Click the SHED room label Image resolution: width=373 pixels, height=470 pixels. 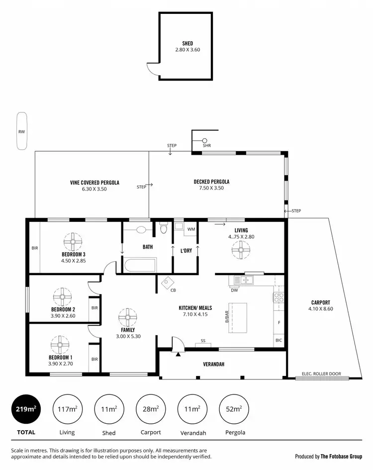(x=187, y=43)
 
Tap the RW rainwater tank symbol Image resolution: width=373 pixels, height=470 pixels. (x=21, y=132)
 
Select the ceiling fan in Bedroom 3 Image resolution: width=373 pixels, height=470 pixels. (x=73, y=242)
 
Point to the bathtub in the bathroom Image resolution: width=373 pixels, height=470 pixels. (x=140, y=264)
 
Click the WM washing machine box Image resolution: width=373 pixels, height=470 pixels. (x=191, y=229)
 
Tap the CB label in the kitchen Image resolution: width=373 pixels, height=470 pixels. (x=173, y=290)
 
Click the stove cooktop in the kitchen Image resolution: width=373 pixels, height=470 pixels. (x=279, y=298)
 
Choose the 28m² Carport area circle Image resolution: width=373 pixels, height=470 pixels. (x=150, y=409)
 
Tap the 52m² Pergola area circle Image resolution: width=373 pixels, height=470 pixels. (x=234, y=409)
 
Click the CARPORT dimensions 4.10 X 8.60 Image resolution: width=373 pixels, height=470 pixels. (x=320, y=309)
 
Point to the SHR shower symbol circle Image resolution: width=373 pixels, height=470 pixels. (x=204, y=140)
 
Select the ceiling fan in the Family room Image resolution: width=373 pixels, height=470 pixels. (x=127, y=317)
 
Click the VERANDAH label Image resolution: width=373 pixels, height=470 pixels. (x=213, y=364)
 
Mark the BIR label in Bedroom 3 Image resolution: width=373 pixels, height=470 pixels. (x=34, y=248)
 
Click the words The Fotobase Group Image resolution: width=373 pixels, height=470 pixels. (x=341, y=456)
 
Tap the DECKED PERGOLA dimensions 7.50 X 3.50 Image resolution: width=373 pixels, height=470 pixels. (x=211, y=188)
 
